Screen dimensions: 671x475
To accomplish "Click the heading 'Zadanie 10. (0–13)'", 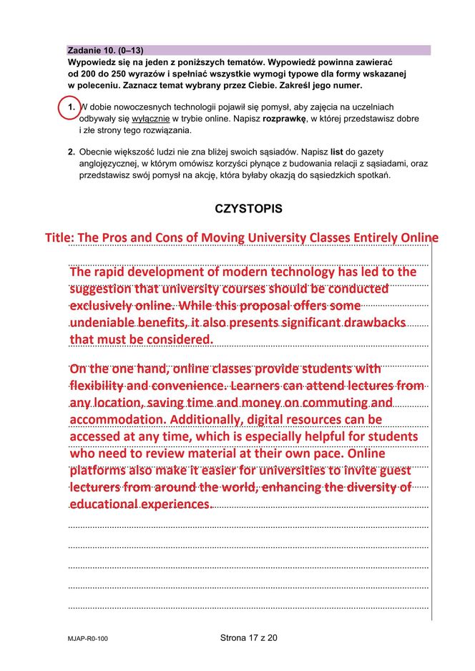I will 105,51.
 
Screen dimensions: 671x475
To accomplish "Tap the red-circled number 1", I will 71,107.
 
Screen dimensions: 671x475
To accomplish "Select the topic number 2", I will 72,152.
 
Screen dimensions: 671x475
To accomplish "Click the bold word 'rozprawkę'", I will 284,119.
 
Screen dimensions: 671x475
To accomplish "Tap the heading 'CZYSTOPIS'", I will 248,209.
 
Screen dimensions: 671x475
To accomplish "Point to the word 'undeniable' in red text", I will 101,323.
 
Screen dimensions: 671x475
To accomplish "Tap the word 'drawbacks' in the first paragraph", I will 375,323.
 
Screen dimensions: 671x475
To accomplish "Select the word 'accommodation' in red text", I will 114,419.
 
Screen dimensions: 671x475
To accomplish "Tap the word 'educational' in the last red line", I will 104,504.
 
